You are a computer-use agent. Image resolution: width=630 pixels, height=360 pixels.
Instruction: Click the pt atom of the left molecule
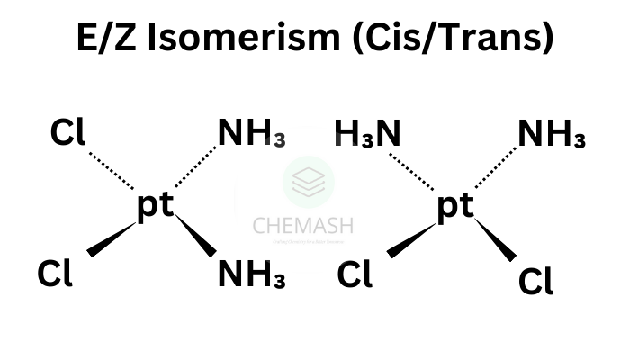tap(155, 206)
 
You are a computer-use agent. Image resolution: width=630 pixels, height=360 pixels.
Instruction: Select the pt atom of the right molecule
tap(454, 206)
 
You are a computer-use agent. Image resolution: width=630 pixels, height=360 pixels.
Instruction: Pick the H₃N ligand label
tap(367, 135)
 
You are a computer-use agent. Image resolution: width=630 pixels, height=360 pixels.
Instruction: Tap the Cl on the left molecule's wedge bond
tap(55, 272)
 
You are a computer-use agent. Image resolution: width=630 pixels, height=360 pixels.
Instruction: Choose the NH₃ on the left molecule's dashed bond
tap(252, 135)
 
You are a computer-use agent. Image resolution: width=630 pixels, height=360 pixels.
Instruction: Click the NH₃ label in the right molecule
tap(552, 135)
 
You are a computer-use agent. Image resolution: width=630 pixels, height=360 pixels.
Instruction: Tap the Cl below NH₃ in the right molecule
tap(536, 281)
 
